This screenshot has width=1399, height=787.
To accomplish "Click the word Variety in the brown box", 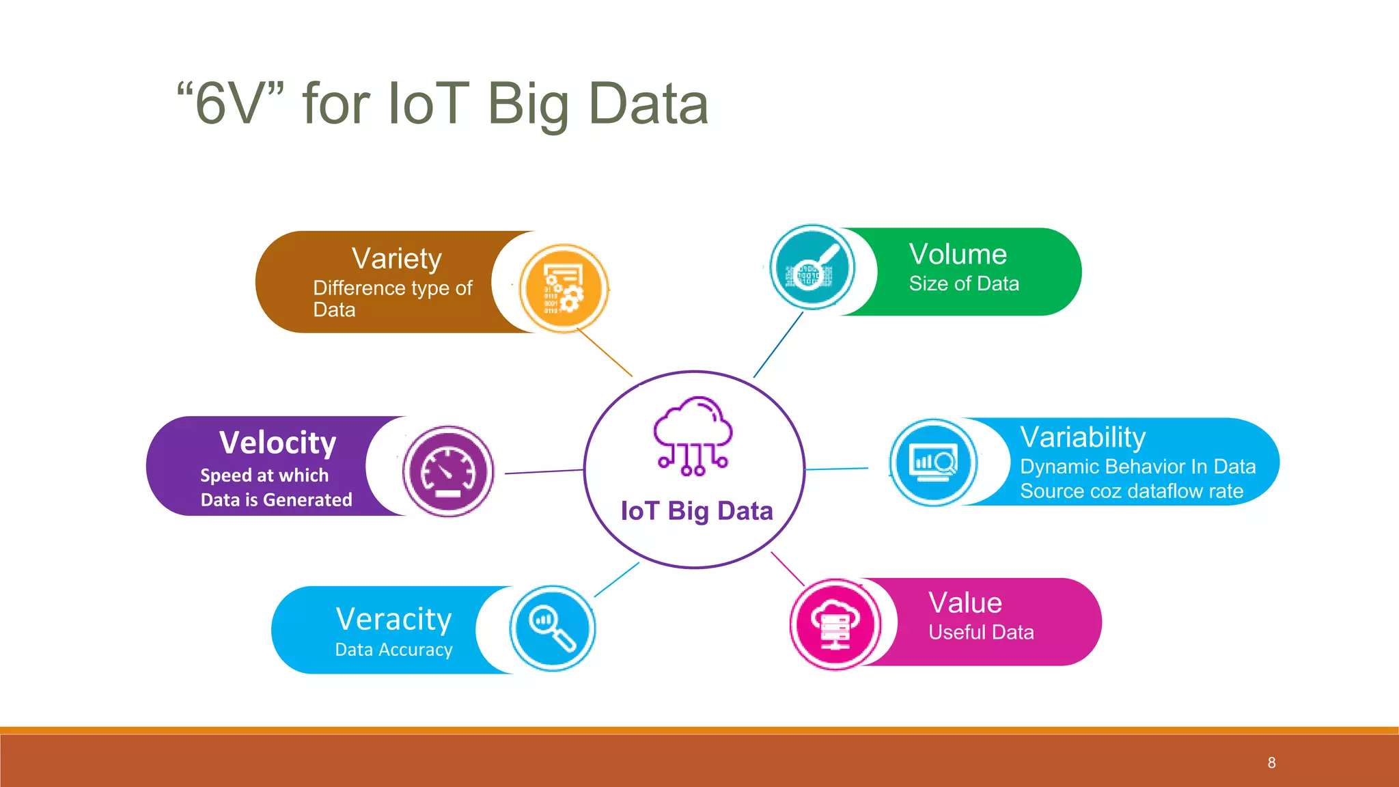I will (396, 259).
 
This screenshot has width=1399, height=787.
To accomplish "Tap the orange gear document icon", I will (564, 288).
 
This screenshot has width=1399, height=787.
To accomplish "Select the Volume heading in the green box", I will (958, 254).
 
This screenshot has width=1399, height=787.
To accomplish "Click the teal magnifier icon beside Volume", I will (812, 267).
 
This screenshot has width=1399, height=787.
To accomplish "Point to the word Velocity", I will (277, 443).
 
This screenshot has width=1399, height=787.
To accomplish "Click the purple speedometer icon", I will (448, 471).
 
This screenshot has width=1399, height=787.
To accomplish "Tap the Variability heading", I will (1083, 437).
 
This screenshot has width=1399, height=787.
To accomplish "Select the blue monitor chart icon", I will (933, 462).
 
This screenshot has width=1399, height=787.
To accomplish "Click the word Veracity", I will (393, 620).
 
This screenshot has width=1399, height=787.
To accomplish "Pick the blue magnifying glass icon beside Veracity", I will (552, 628).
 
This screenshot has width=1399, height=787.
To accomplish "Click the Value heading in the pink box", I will (965, 603).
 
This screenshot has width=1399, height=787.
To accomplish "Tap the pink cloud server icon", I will (835, 624).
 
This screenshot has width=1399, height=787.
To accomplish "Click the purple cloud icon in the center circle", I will (693, 435).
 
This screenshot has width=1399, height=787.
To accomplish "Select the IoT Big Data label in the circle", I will (696, 511).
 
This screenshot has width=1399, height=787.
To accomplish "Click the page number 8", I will (1271, 762).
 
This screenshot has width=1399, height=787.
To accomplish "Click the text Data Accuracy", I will (393, 650).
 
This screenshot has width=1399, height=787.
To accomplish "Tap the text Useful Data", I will (981, 633).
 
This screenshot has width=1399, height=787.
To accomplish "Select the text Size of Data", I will (964, 284).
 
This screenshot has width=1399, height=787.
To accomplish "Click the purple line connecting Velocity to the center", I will (544, 471).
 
